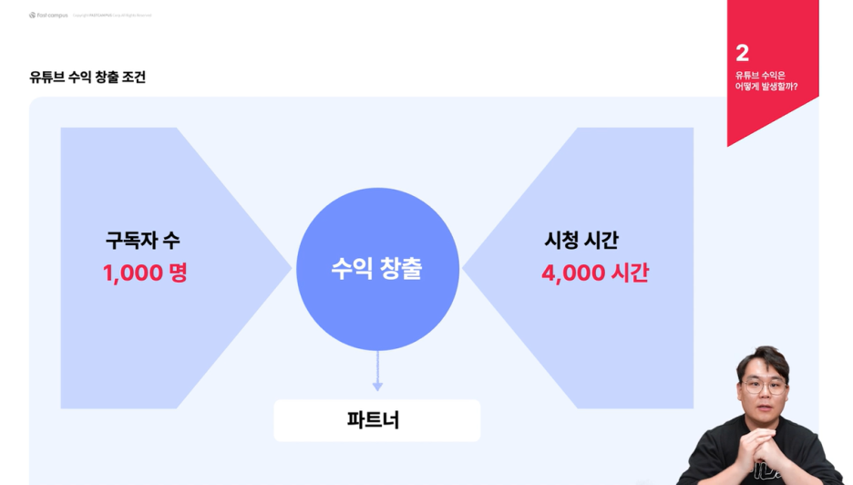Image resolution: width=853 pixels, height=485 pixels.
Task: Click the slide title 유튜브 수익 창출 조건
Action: pyautogui.click(x=87, y=77)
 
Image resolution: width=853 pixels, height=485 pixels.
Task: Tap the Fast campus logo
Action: pyautogui.click(x=48, y=15)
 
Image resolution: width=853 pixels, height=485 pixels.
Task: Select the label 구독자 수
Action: pyautogui.click(x=143, y=241)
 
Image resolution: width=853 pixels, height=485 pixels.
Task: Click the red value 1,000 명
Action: pyautogui.click(x=145, y=273)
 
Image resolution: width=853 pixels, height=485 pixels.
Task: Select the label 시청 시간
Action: pyautogui.click(x=581, y=241)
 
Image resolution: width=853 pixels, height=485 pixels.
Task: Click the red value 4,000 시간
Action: pyautogui.click(x=595, y=273)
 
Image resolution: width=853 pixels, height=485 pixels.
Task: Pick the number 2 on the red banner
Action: pyautogui.click(x=743, y=53)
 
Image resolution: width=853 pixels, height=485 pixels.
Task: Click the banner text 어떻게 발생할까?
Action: pyautogui.click(x=766, y=87)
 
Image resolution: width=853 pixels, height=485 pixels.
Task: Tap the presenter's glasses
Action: pyautogui.click(x=764, y=387)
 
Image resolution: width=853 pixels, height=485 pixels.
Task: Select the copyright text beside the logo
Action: pyautogui.click(x=112, y=15)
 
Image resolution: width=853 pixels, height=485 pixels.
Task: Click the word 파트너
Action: pyautogui.click(x=374, y=420)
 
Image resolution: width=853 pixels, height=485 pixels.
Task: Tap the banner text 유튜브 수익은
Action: pyautogui.click(x=760, y=75)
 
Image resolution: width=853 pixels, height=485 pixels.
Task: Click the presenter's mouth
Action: pyautogui.click(x=763, y=405)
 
